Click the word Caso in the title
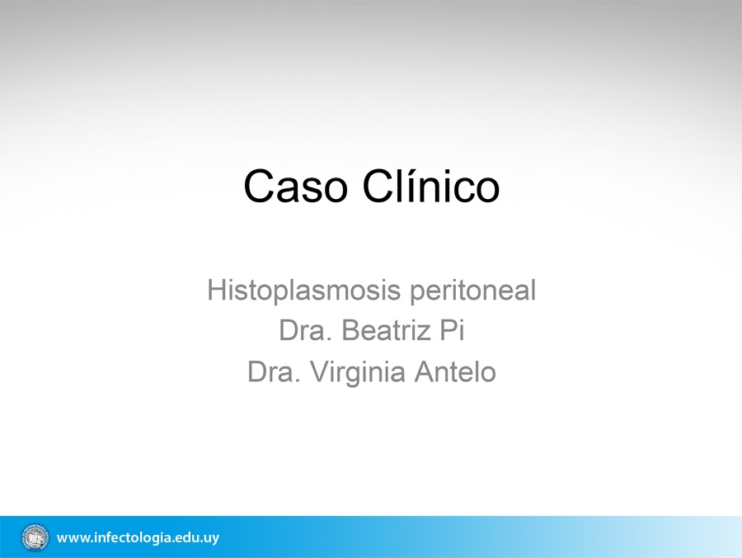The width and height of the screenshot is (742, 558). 296,186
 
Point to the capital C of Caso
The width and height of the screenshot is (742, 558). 260,186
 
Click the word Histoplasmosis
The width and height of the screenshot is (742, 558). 304,291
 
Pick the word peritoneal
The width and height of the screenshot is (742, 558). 472,291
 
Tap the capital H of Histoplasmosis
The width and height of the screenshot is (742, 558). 216,289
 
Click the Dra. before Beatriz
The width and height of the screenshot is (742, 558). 305,330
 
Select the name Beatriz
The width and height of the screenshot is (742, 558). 386,330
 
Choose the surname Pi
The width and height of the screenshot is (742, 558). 452,329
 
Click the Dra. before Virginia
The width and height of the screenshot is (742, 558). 274,371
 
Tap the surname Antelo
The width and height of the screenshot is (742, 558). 455,371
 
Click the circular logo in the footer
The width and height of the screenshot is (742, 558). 35,537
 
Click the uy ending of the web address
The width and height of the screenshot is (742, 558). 210,539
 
